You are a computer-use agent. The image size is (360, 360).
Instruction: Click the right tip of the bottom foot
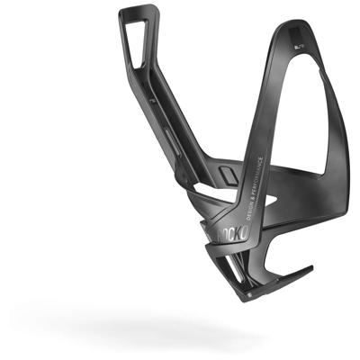(x=309, y=269)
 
